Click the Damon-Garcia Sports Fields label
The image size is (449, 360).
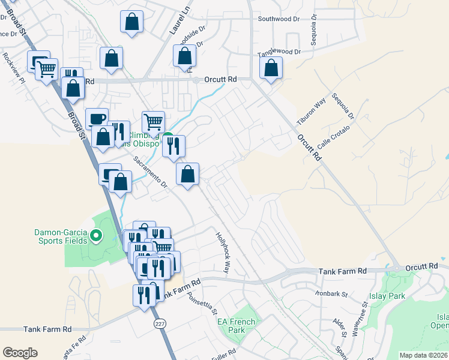(60, 235)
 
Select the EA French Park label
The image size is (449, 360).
(236, 326)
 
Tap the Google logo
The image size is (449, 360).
(20, 353)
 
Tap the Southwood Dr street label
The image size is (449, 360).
(279, 19)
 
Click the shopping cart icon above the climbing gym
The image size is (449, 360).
(153, 121)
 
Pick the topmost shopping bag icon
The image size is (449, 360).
(131, 22)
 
